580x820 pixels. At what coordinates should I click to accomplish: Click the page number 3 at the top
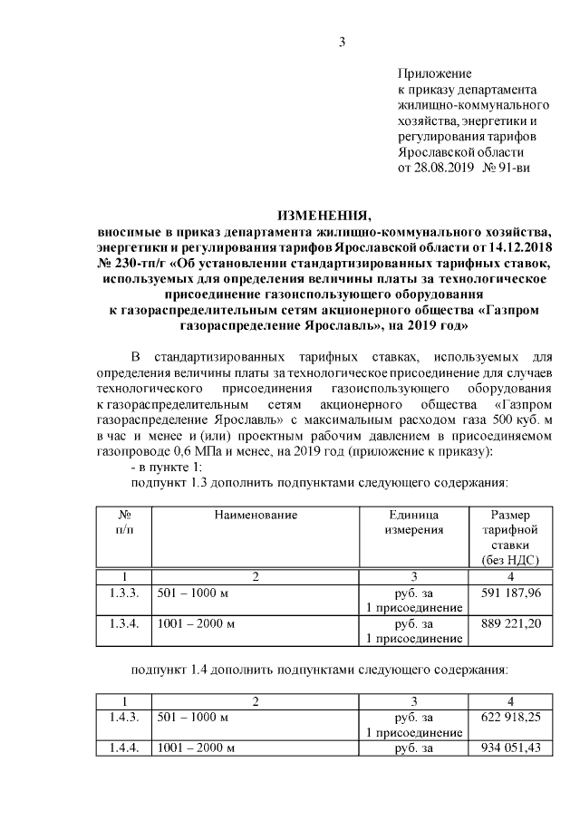click(343, 41)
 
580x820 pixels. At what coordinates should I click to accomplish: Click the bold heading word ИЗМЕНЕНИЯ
click(324, 216)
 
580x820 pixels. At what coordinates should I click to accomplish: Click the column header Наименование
click(256, 515)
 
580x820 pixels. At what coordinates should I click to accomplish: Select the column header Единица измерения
click(413, 522)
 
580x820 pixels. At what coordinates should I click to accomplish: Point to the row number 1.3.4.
click(122, 623)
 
